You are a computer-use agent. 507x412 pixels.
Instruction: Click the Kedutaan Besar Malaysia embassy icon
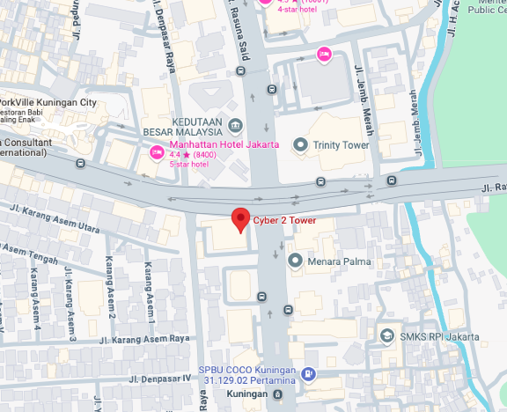(234, 124)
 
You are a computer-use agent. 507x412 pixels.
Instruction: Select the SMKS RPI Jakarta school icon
(386, 335)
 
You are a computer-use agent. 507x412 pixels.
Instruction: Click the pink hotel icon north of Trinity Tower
(323, 55)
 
